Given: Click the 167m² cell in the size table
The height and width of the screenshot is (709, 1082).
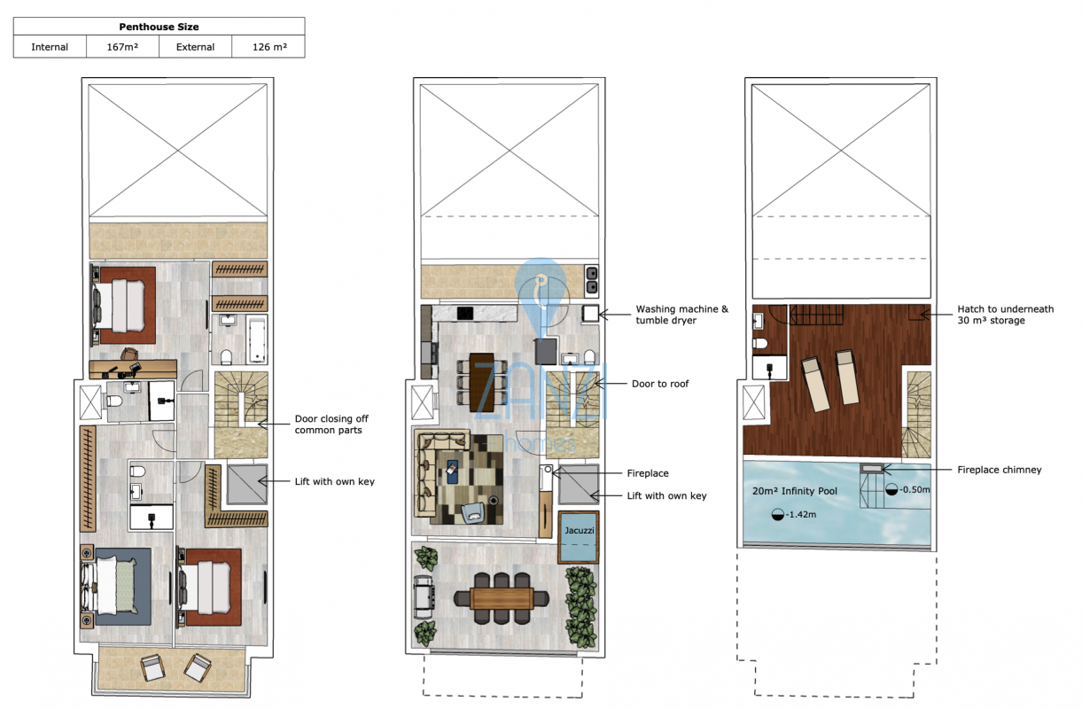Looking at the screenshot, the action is tap(122, 47).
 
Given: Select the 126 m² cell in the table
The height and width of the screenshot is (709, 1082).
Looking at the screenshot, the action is tap(269, 47).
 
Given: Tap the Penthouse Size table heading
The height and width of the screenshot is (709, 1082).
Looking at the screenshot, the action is tap(159, 27).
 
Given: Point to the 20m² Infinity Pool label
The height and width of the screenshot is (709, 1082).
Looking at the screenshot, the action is tap(795, 491).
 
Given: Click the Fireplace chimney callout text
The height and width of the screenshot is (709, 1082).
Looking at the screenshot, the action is tap(1000, 470).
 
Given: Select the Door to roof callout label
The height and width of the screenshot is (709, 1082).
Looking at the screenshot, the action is tap(660, 384).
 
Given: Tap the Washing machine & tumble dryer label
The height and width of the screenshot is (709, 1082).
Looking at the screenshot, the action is tap(681, 315).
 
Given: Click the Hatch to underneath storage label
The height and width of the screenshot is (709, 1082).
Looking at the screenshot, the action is tap(1005, 315).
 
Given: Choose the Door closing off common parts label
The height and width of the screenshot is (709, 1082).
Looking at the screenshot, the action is tap(331, 424).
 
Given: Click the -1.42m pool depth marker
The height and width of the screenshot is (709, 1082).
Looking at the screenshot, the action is tap(794, 514).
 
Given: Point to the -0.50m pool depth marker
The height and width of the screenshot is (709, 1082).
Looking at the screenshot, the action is tap(907, 489).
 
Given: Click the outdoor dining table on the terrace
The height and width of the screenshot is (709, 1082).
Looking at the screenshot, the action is tap(502, 599).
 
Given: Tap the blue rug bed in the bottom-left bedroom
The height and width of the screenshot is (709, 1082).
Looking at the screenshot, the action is tap(116, 585).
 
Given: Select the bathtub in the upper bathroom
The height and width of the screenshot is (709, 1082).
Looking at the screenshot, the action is tap(257, 340).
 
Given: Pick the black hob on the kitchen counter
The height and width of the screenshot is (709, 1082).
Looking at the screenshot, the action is tap(465, 313).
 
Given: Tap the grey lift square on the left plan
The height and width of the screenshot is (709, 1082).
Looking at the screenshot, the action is tap(247, 484).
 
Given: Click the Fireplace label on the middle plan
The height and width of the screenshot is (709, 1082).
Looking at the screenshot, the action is tap(648, 473).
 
